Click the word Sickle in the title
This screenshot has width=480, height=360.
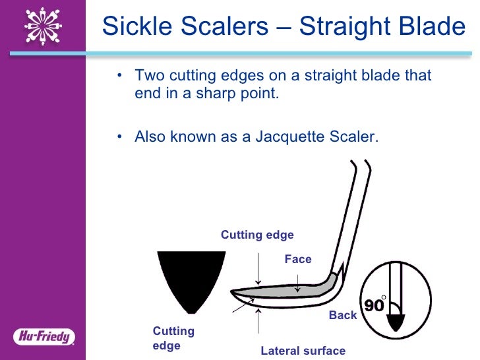click(x=138, y=26)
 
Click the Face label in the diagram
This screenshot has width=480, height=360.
click(x=297, y=259)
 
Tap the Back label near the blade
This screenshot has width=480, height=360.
click(x=342, y=315)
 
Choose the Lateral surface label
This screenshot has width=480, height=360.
click(x=303, y=351)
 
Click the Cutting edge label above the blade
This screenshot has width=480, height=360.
click(x=257, y=235)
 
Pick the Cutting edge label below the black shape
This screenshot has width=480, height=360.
click(x=173, y=338)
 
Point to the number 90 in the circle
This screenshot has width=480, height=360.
click(x=374, y=305)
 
